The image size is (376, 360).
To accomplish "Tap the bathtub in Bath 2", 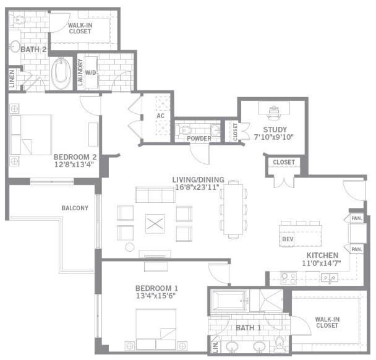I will (62, 73).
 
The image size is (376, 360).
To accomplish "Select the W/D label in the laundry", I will (90, 72).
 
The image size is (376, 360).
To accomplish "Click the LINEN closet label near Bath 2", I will (12, 79).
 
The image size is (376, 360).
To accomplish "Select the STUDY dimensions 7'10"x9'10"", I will (273, 139).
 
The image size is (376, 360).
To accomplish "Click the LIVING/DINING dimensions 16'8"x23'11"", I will (196, 187).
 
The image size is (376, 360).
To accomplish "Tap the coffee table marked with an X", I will (155, 223).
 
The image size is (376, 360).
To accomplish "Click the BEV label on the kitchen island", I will (287, 238).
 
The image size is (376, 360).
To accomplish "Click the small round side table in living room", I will (130, 247).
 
